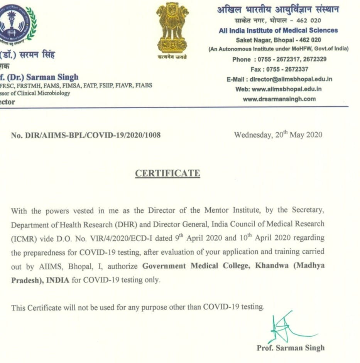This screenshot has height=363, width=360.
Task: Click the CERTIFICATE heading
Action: point(167,173)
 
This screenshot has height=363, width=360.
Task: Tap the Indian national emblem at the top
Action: point(172,29)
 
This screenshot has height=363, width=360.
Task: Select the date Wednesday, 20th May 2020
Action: point(278,135)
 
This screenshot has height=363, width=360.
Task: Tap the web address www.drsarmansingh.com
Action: point(279,99)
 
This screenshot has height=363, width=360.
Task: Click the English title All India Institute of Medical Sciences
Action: point(278,30)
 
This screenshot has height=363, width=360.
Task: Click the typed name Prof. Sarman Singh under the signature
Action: point(291,348)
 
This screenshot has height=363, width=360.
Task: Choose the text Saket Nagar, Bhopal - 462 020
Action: point(278,40)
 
